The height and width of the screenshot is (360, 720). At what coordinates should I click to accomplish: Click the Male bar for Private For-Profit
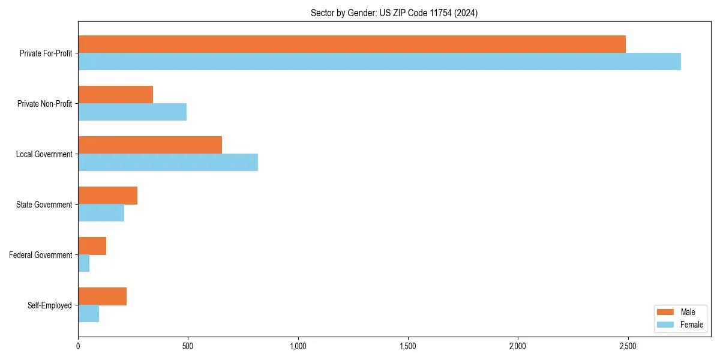point(352,44)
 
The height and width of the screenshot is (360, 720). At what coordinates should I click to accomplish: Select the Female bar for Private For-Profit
point(379,62)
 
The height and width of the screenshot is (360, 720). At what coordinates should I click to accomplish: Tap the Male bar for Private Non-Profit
point(115,95)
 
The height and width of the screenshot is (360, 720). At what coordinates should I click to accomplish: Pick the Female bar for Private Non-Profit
point(132,112)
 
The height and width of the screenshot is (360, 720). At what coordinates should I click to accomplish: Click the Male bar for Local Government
point(150,145)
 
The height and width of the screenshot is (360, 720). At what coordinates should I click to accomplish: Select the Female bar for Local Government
point(168,163)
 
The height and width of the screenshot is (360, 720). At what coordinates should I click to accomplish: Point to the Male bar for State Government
point(107,196)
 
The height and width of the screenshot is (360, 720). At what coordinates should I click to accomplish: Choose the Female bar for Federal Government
point(84,263)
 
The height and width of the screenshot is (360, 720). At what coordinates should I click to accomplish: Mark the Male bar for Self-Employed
point(102,296)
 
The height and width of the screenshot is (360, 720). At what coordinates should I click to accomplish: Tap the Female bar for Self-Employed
point(88,314)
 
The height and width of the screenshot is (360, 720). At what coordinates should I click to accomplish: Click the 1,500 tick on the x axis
point(408,346)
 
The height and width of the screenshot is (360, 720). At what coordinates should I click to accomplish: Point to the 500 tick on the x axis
point(188,346)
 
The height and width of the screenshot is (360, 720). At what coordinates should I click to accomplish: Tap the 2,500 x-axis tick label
point(628,346)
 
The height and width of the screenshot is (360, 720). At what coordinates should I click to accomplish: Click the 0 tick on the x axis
point(78,346)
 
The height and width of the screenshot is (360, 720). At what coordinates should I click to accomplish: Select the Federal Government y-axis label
point(41,255)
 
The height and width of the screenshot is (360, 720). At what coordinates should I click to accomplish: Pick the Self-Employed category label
point(50,305)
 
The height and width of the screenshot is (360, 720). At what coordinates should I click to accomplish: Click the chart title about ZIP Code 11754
point(394,13)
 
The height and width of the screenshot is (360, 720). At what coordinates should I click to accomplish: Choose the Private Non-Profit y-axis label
point(44,104)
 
